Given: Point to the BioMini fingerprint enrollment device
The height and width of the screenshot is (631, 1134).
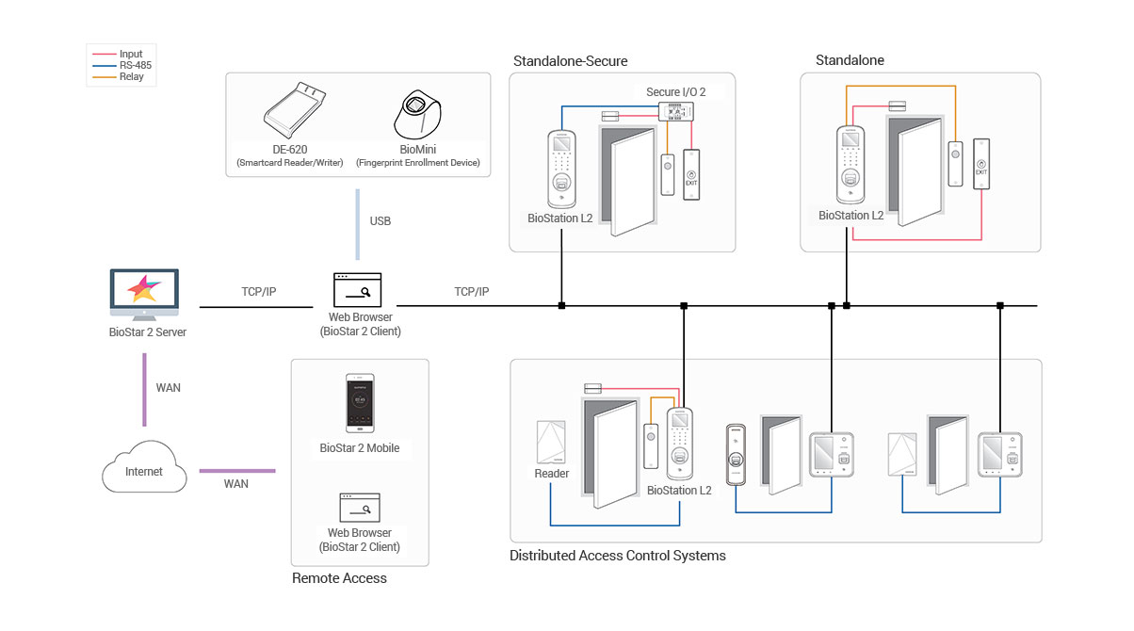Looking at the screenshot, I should [417, 117].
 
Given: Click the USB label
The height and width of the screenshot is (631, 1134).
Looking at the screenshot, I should [380, 221].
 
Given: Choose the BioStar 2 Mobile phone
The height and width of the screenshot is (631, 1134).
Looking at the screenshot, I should [359, 406].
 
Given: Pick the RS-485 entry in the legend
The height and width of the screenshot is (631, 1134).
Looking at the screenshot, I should [135, 66].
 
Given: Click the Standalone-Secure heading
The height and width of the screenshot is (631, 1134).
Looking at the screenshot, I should [570, 61].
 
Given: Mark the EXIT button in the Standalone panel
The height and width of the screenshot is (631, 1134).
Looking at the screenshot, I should [982, 165].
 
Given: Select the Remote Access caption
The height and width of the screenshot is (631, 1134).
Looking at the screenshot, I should [339, 578].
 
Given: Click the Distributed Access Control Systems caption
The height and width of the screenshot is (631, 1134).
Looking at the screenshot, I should [617, 556].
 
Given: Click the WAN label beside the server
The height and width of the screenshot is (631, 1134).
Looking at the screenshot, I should [168, 387].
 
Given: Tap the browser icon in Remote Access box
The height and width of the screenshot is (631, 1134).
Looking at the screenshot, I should [359, 509].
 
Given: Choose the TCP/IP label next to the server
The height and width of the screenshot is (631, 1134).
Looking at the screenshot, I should [258, 292].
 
